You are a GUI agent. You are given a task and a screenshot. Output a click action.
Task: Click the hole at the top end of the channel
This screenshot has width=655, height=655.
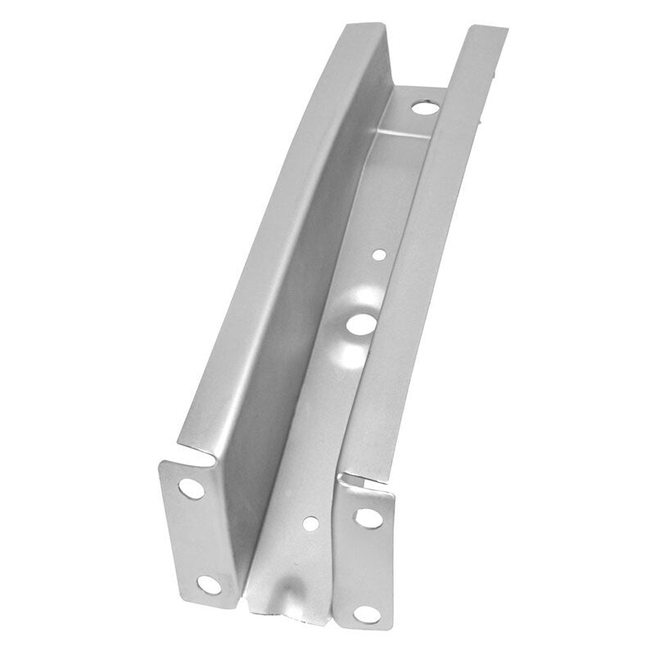pos(422,106)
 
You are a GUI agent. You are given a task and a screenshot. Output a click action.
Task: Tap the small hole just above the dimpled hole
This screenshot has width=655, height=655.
pos(378,255)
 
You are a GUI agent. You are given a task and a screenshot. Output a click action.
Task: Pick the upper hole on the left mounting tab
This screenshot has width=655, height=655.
pos(191,490)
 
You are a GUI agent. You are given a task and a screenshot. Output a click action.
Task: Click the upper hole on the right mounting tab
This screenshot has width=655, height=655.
pos(367,517)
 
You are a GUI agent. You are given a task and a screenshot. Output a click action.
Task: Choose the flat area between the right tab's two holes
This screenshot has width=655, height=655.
pos(366,565)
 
